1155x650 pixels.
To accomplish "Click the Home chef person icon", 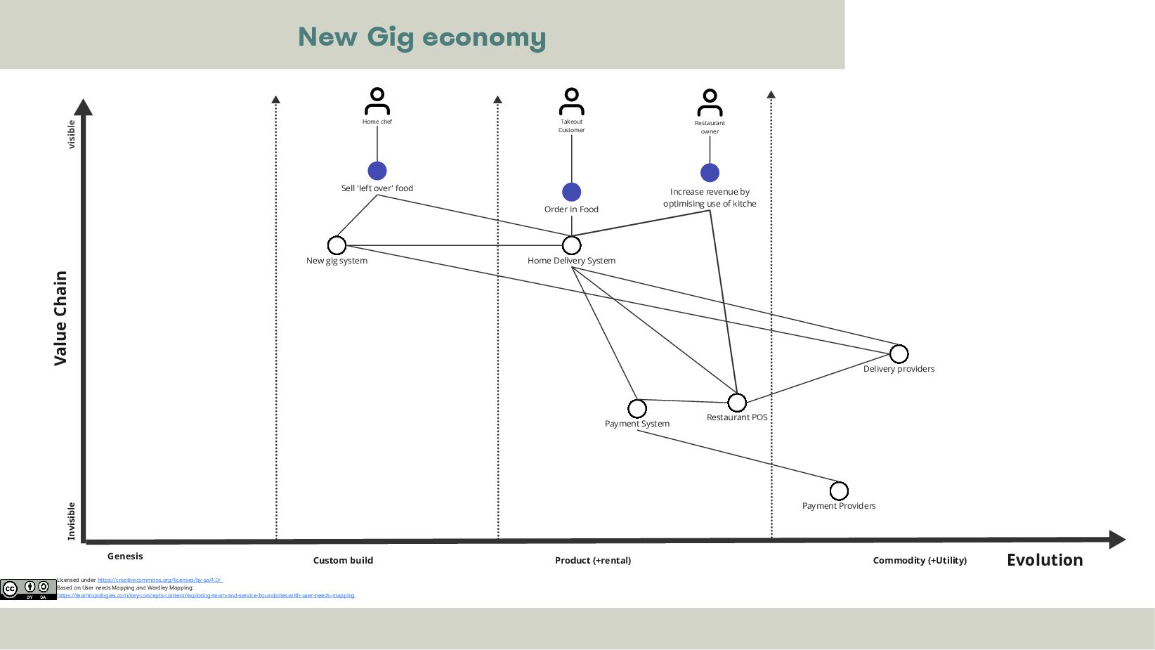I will pyautogui.click(x=377, y=101).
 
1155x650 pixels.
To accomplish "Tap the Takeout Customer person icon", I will pyautogui.click(x=571, y=101).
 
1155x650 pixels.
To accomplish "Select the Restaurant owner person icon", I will pyautogui.click(x=710, y=103).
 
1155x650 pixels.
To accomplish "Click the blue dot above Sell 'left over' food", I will pyautogui.click(x=377, y=171).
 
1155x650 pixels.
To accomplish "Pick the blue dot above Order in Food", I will pyautogui.click(x=571, y=192).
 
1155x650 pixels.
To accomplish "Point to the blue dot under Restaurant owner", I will pyautogui.click(x=710, y=173).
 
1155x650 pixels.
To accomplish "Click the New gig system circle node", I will pyautogui.click(x=337, y=245).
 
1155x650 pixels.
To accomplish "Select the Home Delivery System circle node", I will pyautogui.click(x=572, y=245).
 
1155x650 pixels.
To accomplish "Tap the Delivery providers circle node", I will pyautogui.click(x=899, y=353).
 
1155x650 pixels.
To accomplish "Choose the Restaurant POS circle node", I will pyautogui.click(x=737, y=403).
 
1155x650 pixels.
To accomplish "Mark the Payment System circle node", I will pyautogui.click(x=637, y=408).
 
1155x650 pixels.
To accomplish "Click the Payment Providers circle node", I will pyautogui.click(x=839, y=490).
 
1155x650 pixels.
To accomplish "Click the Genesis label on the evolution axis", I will pyautogui.click(x=125, y=557).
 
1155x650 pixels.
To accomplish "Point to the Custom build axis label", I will pyautogui.click(x=343, y=561).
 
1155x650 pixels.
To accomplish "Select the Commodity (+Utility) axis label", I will pyautogui.click(x=920, y=561).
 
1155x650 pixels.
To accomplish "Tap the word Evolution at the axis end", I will pyautogui.click(x=1045, y=560).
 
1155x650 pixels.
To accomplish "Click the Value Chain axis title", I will pyautogui.click(x=61, y=318).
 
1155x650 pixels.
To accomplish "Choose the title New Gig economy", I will pyautogui.click(x=422, y=37).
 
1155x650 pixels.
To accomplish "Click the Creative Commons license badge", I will pyautogui.click(x=28, y=589).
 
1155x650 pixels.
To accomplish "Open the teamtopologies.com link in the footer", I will pyautogui.click(x=206, y=596).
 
